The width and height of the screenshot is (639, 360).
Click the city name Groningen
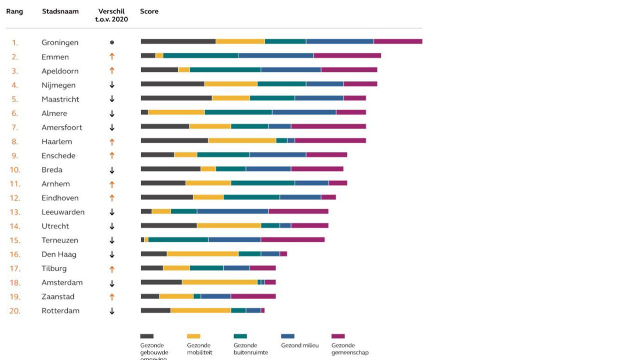[60, 42]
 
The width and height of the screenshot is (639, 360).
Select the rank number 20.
[15, 311]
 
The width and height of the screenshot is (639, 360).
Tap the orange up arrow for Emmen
[112, 56]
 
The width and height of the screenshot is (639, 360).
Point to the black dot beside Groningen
[112, 42]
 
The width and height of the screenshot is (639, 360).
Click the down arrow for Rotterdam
[112, 311]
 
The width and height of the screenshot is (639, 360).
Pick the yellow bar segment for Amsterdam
[219, 282]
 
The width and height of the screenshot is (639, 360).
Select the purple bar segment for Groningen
[398, 41]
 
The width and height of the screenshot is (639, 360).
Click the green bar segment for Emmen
[201, 55]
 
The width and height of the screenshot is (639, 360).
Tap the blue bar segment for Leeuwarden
[233, 211]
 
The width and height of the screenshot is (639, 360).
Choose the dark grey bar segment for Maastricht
[176, 98]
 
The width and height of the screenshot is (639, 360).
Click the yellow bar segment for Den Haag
[203, 254]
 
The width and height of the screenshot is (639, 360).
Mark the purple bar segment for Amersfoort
[328, 126]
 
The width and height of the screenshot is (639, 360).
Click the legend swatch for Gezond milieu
[288, 336]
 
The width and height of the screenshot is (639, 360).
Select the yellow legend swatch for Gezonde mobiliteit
[193, 336]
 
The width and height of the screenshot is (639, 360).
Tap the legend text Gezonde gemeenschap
[350, 349]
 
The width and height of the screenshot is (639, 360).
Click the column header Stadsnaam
[60, 11]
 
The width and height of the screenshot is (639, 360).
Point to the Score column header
[149, 11]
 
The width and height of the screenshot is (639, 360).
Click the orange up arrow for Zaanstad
[112, 297]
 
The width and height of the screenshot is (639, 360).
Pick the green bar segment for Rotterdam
[238, 310]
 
